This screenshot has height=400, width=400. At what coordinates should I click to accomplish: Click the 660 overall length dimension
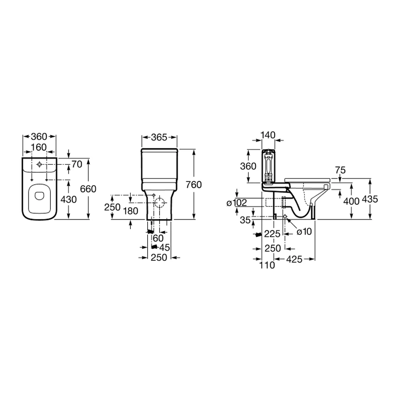(x=88, y=189)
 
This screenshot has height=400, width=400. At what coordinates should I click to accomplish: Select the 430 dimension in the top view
(x=68, y=200)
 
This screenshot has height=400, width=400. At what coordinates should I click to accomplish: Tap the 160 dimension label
(x=39, y=147)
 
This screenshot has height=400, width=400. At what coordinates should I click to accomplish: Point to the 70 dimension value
(x=77, y=164)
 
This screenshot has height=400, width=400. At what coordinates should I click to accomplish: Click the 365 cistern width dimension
(x=159, y=138)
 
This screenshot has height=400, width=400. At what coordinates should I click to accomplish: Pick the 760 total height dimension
(x=194, y=185)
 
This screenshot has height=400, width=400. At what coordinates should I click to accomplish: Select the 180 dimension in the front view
(x=131, y=211)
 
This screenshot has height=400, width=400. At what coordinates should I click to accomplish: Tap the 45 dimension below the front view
(x=164, y=248)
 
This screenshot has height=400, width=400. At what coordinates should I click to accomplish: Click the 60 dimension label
(x=158, y=238)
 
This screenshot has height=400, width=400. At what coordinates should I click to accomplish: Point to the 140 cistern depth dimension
(x=268, y=135)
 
